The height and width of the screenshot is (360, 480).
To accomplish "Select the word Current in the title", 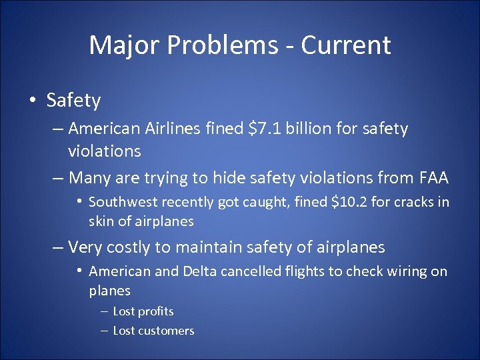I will click(x=345, y=45).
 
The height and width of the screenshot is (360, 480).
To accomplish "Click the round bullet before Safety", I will click(x=32, y=101).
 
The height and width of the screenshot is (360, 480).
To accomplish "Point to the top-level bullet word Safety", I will click(x=73, y=101).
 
